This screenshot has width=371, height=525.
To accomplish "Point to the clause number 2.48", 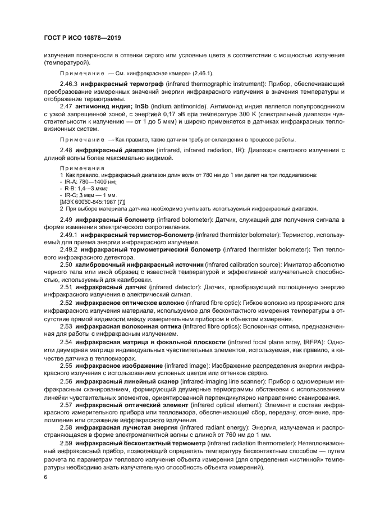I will [x=66, y=150].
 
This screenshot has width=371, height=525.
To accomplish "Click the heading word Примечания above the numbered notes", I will [x=81, y=168].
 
